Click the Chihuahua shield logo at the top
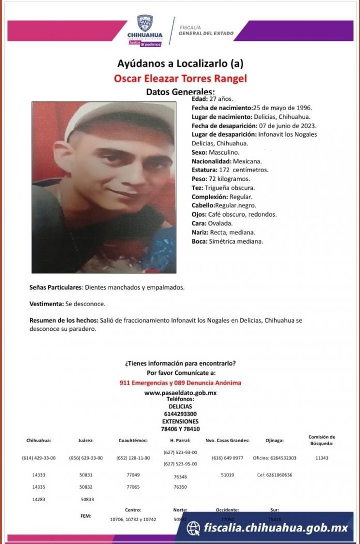point(145,23)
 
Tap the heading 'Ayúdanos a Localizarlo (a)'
point(180,64)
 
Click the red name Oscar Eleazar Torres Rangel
point(180,79)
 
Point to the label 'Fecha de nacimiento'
point(221,108)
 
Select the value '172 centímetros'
point(250,170)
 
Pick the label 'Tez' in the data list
point(197,188)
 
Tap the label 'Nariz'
point(200,232)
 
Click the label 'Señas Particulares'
point(55,287)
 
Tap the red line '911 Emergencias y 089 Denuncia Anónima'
point(180,383)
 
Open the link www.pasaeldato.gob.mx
point(180,393)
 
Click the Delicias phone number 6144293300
point(180,414)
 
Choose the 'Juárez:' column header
point(86,441)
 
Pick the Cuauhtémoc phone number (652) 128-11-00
point(133,458)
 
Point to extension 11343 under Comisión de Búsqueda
point(322,458)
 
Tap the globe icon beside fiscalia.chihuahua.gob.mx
point(193,528)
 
